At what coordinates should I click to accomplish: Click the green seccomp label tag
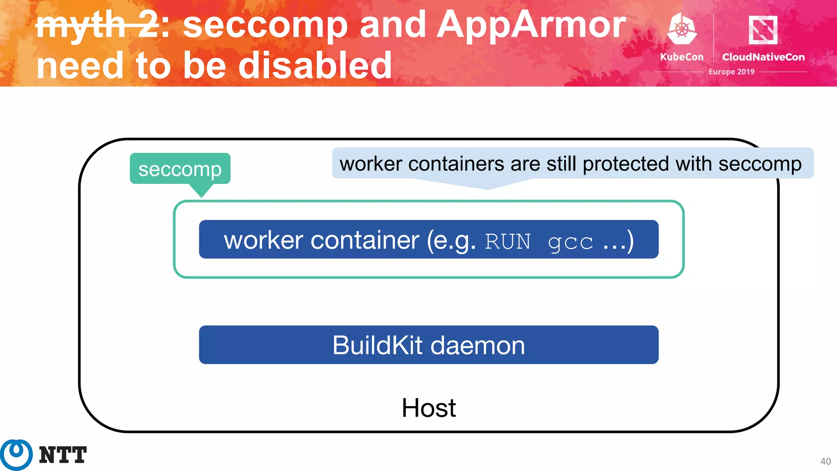click(x=180, y=169)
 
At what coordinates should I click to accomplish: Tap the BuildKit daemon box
click(x=428, y=345)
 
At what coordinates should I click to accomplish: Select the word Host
click(x=428, y=408)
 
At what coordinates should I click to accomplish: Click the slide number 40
click(x=825, y=461)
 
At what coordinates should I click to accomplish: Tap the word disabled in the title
click(x=315, y=65)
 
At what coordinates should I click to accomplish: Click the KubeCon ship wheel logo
click(x=681, y=29)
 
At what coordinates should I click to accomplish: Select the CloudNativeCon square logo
click(x=763, y=30)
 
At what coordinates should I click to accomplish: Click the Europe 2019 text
click(x=731, y=72)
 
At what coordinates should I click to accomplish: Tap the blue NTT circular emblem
click(x=16, y=454)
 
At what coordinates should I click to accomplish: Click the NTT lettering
click(x=63, y=455)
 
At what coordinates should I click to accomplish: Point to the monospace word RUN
click(x=507, y=241)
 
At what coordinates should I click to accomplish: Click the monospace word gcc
click(x=570, y=242)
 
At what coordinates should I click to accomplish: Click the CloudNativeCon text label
click(x=763, y=57)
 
